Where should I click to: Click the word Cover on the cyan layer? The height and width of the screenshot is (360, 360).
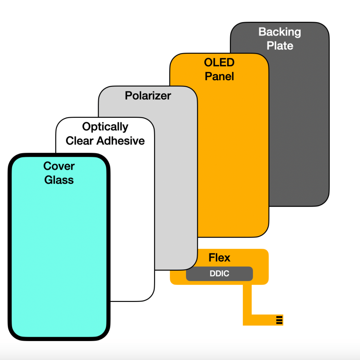(x=59, y=166)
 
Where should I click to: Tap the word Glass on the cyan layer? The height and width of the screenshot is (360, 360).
(x=59, y=180)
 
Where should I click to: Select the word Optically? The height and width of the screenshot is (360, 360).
(x=105, y=127)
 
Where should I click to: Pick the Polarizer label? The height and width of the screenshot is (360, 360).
(x=148, y=96)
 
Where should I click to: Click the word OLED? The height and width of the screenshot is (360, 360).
(x=219, y=63)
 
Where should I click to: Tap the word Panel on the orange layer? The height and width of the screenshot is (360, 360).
(x=219, y=76)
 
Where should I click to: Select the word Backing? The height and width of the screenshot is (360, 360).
(x=280, y=32)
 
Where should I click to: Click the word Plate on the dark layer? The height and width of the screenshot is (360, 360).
(x=280, y=46)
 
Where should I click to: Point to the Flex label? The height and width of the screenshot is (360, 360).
(x=219, y=258)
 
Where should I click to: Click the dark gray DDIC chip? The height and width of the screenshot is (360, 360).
(x=219, y=274)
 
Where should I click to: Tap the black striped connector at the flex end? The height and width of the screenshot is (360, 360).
(x=279, y=320)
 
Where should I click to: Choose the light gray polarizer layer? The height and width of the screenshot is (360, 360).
(x=176, y=176)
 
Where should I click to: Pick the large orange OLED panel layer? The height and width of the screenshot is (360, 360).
(x=232, y=158)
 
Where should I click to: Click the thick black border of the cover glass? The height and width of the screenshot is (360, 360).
(x=9, y=246)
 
